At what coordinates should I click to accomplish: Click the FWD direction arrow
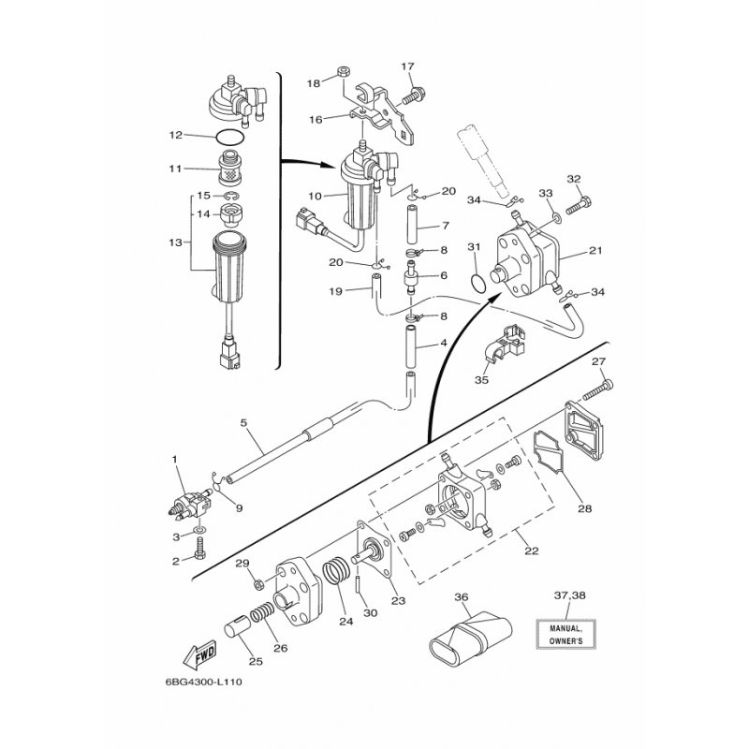click(x=200, y=654)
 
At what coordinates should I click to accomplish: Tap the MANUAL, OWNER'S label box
click(x=565, y=634)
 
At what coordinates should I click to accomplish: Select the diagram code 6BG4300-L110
click(x=204, y=682)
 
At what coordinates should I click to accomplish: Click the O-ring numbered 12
click(x=229, y=138)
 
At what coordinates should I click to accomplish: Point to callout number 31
click(x=474, y=247)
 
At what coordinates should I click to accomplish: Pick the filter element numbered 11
click(x=229, y=169)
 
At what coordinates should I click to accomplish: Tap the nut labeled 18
click(x=343, y=72)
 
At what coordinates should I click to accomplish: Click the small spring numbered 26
click(x=262, y=612)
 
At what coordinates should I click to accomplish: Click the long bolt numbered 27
click(x=598, y=390)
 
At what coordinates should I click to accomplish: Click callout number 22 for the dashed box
click(x=531, y=551)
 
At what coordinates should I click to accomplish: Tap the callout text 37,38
click(x=570, y=595)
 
